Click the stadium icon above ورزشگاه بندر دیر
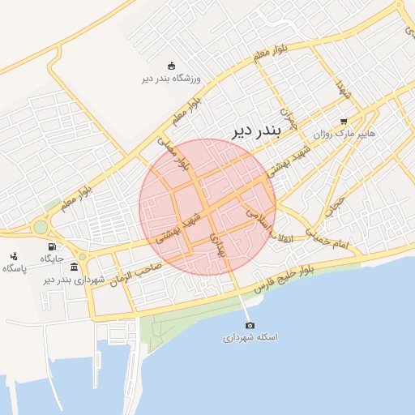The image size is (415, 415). point(171,66)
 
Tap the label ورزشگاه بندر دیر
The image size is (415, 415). point(171,79)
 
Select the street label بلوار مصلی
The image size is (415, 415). point(172,153)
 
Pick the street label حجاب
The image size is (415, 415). point(334,206)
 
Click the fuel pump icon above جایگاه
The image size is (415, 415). point(52,246)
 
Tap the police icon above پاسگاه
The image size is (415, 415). point(15,256)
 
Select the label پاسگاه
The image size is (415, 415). point(15,268)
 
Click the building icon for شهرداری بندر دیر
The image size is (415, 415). point(75,267)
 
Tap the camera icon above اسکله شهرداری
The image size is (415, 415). point(250,324)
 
